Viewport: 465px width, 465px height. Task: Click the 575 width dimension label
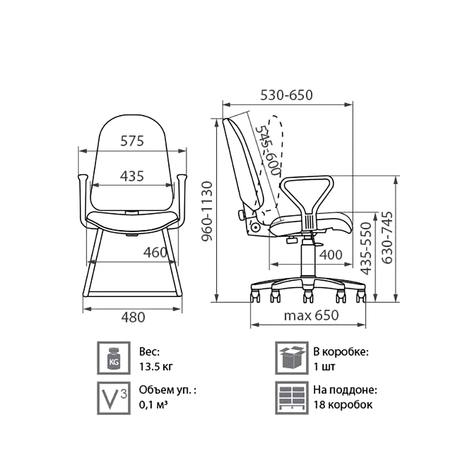[x=132, y=141]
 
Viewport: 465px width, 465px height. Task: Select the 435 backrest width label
[x=132, y=176]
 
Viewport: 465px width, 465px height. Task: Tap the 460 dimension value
[x=155, y=253]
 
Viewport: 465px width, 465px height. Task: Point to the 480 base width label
[x=133, y=317]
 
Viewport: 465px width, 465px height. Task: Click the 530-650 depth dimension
[x=287, y=95]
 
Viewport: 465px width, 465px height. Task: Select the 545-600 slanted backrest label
[x=268, y=151]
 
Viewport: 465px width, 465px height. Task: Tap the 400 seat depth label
[x=331, y=255]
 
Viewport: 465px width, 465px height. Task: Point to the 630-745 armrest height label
[x=387, y=237]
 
